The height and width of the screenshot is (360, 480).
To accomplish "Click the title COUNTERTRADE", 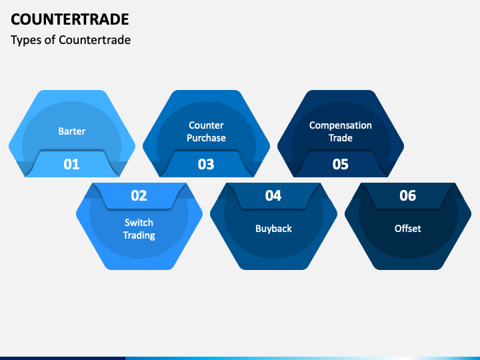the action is (x=70, y=19).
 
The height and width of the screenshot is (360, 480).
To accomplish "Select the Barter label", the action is (x=72, y=131).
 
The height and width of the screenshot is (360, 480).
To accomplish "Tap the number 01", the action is (x=71, y=164).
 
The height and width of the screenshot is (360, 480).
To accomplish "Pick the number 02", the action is (x=139, y=195).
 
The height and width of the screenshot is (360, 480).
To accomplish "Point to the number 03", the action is (x=206, y=164).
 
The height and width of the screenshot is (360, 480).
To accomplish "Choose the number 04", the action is (x=273, y=195).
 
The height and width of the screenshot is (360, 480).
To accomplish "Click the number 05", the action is (x=341, y=164).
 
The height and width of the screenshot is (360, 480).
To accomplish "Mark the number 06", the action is (x=408, y=195).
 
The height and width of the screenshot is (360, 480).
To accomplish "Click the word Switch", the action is (x=139, y=223).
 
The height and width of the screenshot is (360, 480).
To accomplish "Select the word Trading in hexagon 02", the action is (x=139, y=235).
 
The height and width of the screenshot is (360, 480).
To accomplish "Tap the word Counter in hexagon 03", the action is (x=206, y=125).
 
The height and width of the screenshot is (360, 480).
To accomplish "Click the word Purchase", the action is (x=206, y=138).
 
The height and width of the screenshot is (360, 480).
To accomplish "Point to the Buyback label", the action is (x=274, y=229).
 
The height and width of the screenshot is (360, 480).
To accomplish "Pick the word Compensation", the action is (x=341, y=125).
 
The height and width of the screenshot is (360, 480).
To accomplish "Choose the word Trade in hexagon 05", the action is (x=341, y=138).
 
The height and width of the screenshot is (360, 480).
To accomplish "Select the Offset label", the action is (x=408, y=229).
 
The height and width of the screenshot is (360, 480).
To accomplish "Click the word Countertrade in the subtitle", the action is (x=95, y=40).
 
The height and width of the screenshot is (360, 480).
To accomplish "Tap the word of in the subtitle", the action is (x=50, y=40).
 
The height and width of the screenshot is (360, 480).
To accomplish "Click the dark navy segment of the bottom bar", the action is (x=63, y=358).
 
